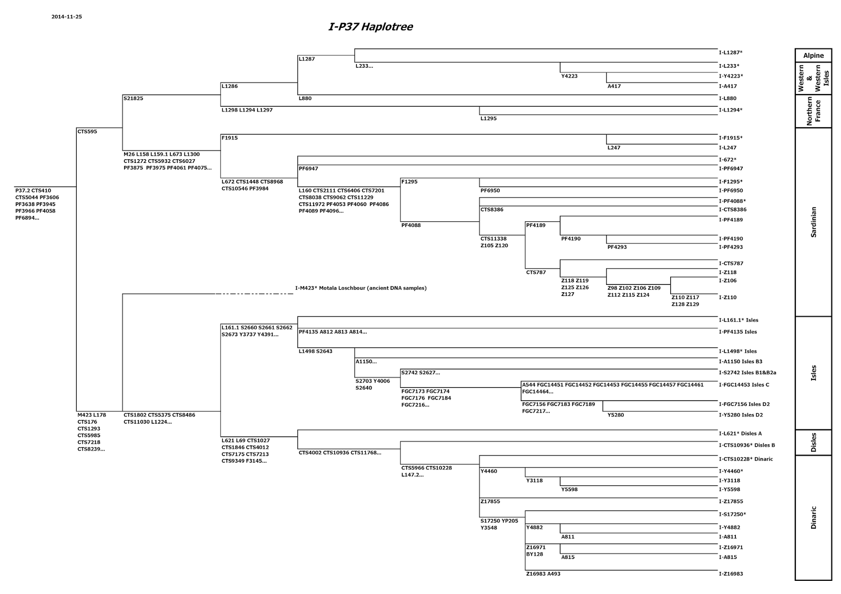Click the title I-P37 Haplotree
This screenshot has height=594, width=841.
371,27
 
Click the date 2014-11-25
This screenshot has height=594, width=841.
67,17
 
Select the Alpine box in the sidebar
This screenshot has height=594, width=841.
813,56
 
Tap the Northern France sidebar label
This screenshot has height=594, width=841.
813,111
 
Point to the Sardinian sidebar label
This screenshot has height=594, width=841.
813,222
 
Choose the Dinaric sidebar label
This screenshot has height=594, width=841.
813,517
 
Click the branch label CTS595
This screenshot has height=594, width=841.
87,132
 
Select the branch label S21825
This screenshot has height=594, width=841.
134,98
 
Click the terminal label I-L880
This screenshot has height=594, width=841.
727,99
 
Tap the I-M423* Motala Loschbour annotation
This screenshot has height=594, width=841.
361,288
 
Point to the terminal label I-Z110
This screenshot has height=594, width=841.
727,298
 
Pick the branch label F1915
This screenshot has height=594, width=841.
230,138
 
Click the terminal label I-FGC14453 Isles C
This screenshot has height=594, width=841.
744,385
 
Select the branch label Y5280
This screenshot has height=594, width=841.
616,415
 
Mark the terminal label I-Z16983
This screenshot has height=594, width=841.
731,574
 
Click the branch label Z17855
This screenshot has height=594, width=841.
490,501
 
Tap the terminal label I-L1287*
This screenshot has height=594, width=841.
730,53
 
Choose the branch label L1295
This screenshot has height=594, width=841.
488,119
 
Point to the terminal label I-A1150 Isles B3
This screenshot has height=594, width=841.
740,362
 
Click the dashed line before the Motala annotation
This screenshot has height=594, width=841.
254,294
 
